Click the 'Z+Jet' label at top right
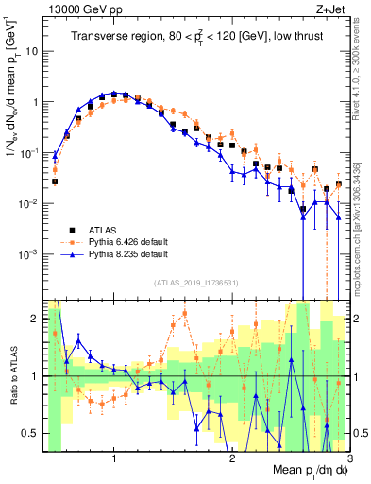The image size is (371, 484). [330, 9]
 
